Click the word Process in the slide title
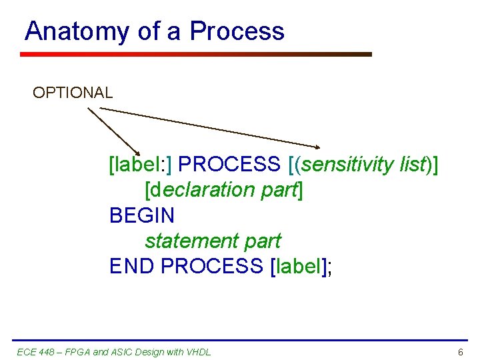[x=237, y=31]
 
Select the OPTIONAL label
[x=73, y=93]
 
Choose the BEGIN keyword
[x=142, y=215]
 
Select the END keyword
[x=132, y=266]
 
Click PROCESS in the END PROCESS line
[x=212, y=266]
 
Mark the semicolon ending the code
[x=330, y=267]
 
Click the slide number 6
[x=460, y=351]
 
